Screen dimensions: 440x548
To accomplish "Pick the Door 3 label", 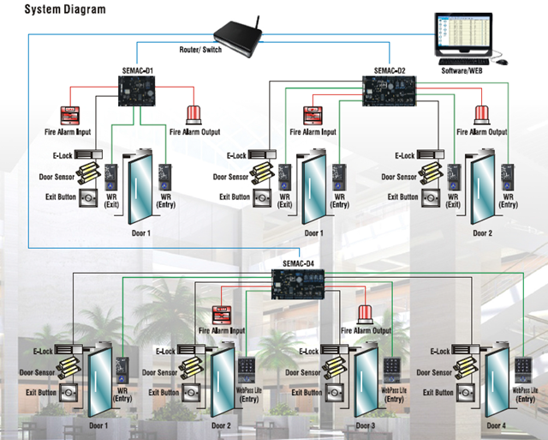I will pyautogui.click(x=365, y=426).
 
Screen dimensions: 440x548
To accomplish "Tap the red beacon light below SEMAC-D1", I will pyautogui.click(x=194, y=115).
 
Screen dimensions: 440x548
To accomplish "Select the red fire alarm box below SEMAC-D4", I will pyautogui.click(x=222, y=316).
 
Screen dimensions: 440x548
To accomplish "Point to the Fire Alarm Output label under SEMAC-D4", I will pyautogui.click(x=366, y=330).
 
